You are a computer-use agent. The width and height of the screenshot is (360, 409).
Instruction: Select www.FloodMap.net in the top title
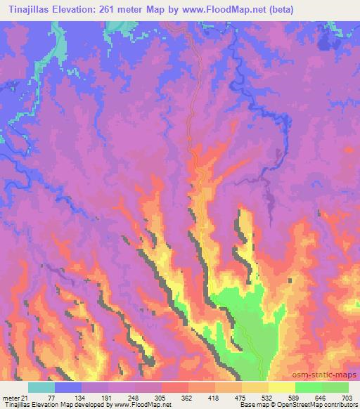215,10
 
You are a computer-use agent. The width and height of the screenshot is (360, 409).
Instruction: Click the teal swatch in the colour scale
41,387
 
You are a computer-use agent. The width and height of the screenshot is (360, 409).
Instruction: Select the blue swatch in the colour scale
68,387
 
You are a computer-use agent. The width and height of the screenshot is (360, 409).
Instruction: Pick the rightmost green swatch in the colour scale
335,387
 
